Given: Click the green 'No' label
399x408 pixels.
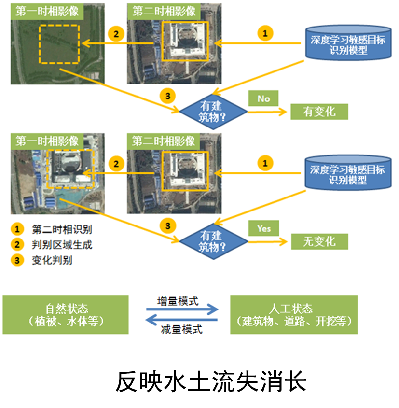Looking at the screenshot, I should [263, 98].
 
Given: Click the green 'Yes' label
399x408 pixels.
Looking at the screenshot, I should [264, 228].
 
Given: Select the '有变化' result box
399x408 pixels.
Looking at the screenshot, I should [319, 112].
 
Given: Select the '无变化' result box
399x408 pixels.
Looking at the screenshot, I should [319, 241].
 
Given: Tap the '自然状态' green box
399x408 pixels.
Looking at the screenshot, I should [66, 315].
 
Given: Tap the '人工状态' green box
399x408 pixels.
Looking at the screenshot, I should [294, 315].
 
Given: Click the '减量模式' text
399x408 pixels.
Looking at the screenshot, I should [181, 330].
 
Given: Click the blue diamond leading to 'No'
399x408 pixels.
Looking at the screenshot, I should [213, 111].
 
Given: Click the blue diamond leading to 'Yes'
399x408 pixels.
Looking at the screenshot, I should [213, 240].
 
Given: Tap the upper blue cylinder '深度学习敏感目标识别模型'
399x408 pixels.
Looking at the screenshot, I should [347, 44].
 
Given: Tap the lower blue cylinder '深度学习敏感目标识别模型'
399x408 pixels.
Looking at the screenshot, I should [347, 175].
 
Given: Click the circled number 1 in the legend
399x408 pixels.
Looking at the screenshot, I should [17, 229].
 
